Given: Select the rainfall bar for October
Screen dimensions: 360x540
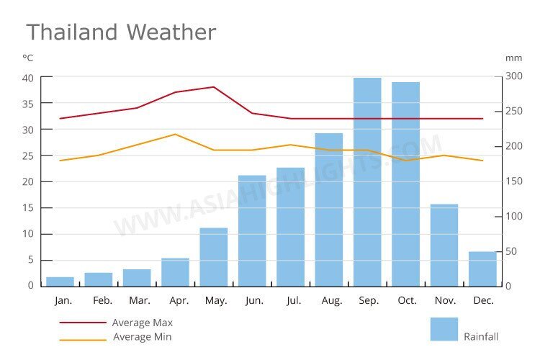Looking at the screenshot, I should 405,184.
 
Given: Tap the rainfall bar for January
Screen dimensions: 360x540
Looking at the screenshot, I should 60,282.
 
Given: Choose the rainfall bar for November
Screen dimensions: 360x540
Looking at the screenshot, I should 444,245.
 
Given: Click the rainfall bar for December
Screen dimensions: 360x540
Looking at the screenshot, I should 482,269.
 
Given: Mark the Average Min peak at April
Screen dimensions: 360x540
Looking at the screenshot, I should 175,134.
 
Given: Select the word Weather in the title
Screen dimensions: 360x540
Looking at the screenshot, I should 171,32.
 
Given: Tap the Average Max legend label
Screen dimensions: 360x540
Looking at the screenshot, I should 142,323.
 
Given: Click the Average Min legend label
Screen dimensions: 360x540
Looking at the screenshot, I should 142,337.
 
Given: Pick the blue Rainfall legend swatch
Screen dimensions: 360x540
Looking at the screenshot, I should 444,329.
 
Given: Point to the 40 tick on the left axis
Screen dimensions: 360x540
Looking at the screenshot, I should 28,78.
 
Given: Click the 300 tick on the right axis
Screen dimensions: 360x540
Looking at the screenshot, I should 513,76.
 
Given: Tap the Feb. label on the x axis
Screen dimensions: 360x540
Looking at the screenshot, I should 103,301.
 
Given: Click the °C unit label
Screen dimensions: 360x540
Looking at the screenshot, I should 28,58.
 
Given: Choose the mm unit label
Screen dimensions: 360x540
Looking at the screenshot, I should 513,58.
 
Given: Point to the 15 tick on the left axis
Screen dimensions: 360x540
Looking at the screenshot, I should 28,208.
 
